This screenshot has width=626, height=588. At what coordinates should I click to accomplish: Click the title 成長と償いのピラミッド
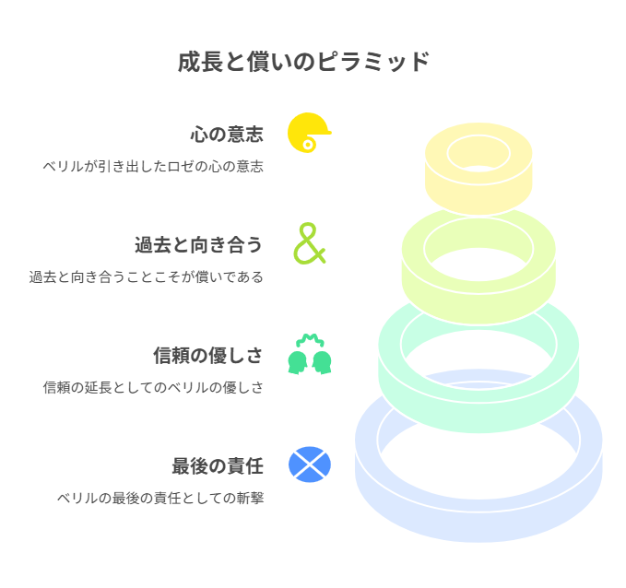point(303,62)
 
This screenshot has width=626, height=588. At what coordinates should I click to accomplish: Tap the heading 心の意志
point(227,135)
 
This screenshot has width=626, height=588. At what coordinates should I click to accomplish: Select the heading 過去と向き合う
point(198,245)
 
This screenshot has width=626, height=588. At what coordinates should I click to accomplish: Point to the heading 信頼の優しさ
point(208,355)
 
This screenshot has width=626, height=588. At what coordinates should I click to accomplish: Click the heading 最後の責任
point(218,465)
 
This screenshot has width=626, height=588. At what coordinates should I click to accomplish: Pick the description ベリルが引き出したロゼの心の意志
point(153,166)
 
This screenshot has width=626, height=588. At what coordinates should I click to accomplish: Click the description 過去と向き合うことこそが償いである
point(146,276)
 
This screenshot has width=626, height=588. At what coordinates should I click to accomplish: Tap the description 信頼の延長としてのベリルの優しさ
point(153,387)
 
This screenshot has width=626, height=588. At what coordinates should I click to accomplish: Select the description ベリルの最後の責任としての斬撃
point(160,498)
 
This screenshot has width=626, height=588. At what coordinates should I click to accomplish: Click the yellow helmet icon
point(308,133)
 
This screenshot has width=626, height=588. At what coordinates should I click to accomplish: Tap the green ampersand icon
point(310,243)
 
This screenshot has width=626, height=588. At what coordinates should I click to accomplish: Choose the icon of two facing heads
point(310,354)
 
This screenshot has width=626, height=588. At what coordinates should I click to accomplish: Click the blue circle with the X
point(310,465)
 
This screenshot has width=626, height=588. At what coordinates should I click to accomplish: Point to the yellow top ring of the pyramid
point(478,192)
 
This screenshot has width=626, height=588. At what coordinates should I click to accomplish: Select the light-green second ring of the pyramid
point(478,303)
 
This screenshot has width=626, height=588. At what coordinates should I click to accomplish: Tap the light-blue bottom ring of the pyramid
point(478,523)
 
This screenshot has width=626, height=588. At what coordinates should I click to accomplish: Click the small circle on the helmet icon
point(308,145)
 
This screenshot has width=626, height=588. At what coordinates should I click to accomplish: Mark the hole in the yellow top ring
point(478,154)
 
